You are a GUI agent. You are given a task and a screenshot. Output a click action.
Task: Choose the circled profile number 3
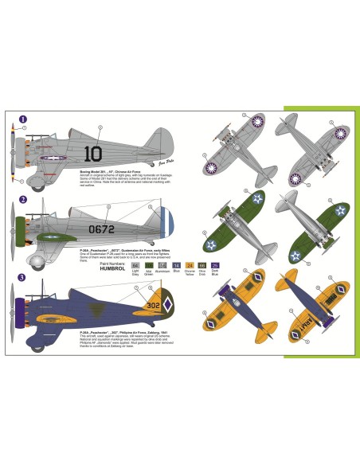23,276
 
